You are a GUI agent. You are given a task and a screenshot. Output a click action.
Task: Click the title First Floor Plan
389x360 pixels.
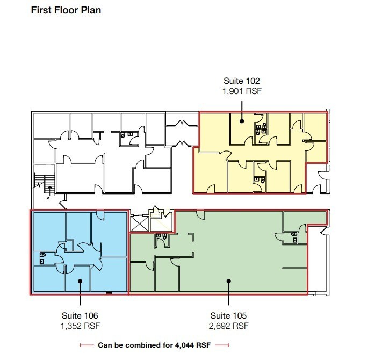[x=66, y=10]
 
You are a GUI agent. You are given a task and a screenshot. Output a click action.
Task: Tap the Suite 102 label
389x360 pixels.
[x=242, y=82]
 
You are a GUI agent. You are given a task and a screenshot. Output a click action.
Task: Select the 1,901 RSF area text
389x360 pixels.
[x=242, y=91]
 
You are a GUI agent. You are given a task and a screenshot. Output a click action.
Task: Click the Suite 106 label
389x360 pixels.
[x=79, y=315]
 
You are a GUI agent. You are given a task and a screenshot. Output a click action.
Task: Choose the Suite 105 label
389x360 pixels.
[x=229, y=315]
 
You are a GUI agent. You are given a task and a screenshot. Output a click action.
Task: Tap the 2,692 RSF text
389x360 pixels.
[x=229, y=326]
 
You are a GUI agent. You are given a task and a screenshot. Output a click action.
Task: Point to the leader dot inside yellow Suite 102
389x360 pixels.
[x=242, y=120]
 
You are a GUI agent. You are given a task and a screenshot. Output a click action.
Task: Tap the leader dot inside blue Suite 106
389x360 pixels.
[x=80, y=280]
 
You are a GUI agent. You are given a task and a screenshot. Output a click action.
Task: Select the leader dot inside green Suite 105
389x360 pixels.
[x=229, y=280]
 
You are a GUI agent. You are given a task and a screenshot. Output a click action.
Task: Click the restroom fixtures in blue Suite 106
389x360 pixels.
[x=42, y=258]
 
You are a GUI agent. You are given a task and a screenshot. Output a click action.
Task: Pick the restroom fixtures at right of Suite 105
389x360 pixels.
[x=296, y=237]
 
